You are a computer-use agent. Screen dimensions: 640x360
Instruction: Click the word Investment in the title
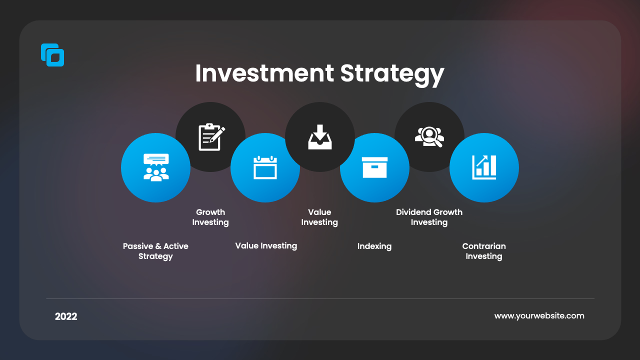coord(264,73)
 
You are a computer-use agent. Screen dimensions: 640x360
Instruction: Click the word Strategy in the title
coord(392,75)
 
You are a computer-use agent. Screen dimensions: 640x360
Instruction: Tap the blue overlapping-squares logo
coord(52,55)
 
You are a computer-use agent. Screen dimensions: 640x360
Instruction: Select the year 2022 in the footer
coord(66,316)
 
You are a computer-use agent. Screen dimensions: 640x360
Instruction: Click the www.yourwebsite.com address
coord(539,316)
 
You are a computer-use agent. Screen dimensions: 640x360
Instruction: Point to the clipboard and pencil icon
coord(211,137)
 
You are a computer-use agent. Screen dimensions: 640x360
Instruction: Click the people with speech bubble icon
coord(156,167)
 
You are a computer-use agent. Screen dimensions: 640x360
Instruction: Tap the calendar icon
coord(265,167)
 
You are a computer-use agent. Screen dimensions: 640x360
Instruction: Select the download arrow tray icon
coord(320,137)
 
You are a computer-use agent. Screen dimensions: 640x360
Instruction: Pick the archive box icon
coord(374,167)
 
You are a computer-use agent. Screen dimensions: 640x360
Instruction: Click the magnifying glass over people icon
coord(429,137)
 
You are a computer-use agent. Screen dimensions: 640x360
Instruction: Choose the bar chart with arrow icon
coord(484,167)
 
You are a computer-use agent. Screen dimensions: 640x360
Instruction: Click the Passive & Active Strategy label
coord(155,251)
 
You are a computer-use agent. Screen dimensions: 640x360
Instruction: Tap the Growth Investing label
coord(210,217)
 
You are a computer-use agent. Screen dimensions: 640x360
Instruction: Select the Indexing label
coord(374,246)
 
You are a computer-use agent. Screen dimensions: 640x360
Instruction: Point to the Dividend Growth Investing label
coord(429,217)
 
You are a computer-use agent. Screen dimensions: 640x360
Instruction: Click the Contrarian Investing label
coord(484,251)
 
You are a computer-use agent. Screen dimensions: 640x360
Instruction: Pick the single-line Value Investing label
coord(266,245)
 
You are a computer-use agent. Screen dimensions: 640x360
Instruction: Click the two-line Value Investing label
coord(319,217)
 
